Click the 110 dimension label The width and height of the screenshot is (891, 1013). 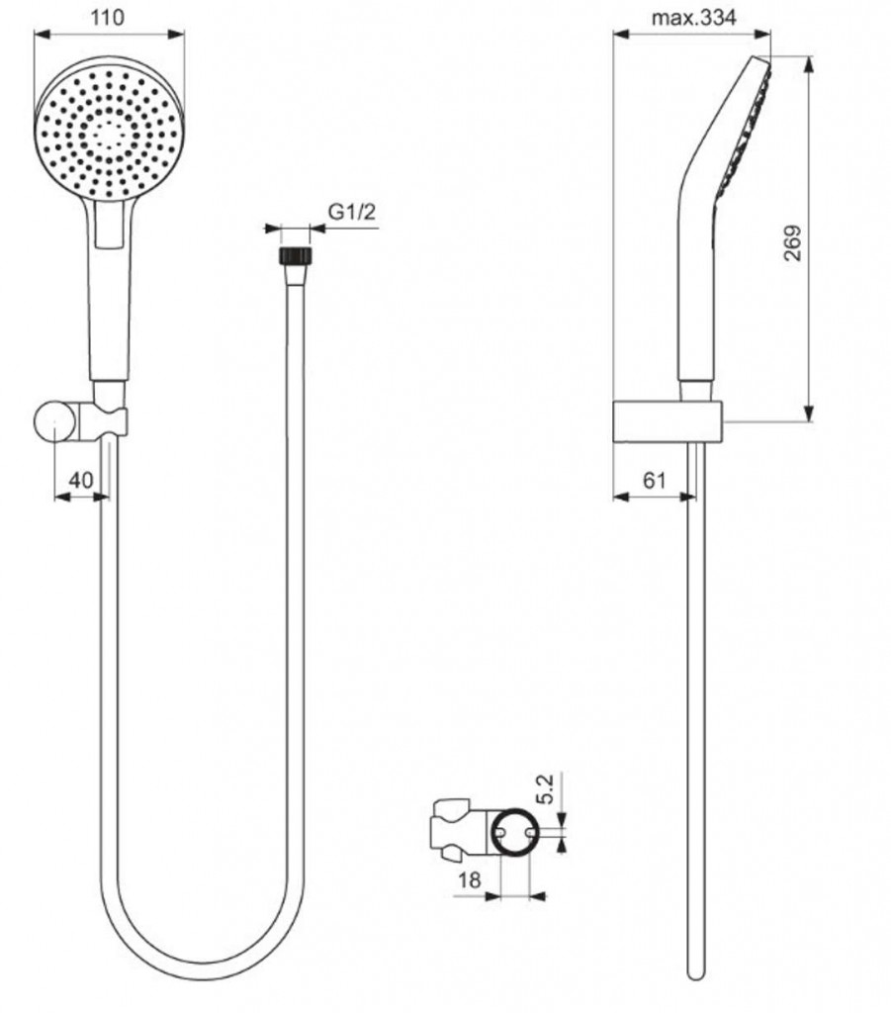coord(107,18)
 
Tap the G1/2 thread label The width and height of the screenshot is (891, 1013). coord(352,212)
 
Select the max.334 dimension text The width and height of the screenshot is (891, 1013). coord(693,18)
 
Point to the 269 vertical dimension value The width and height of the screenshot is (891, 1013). coord(792,242)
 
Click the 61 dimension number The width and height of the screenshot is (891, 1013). coord(654,480)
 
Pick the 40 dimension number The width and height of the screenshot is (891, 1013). coord(81,480)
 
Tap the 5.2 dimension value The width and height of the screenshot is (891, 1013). coord(546,788)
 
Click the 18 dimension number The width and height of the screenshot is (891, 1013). coord(470,879)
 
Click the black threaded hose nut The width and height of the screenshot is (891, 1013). coord(295,254)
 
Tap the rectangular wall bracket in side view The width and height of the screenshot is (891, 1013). coord(668,423)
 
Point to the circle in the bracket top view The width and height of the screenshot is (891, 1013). coord(515,833)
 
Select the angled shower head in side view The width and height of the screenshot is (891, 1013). coord(723,220)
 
